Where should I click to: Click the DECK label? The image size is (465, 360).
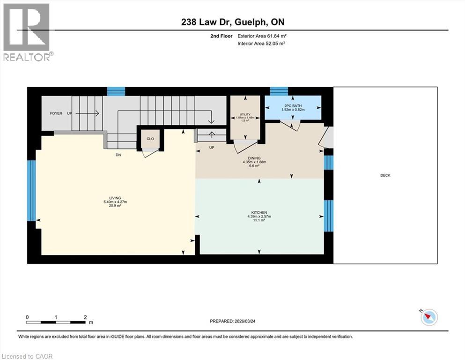tap(385, 175)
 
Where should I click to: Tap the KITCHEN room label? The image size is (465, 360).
tap(259, 212)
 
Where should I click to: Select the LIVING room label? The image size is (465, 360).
tap(109, 198)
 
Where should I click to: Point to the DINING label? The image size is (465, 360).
tap(254, 158)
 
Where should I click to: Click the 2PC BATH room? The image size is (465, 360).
tap(293, 107)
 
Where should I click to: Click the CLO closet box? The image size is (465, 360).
tap(150, 139)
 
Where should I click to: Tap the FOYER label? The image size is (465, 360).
tap(56, 113)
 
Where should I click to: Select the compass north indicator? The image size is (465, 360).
tap(428, 317)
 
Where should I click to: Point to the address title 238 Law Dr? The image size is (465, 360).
tap(232, 22)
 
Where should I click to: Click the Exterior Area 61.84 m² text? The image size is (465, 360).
tap(262, 36)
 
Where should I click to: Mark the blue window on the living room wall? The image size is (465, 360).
tap(31, 190)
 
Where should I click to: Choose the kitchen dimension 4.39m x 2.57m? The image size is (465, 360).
tap(259, 216)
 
